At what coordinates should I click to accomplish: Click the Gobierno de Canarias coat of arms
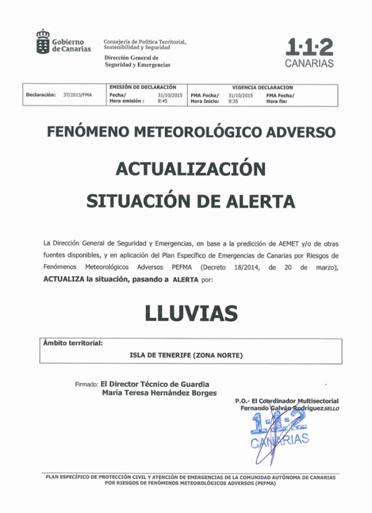(42, 42)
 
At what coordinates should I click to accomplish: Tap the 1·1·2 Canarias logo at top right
(309, 53)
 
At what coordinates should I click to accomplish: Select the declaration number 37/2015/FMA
(77, 95)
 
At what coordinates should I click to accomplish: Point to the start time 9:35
(233, 101)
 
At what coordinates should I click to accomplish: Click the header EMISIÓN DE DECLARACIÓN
(143, 88)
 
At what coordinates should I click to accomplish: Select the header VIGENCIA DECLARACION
(262, 88)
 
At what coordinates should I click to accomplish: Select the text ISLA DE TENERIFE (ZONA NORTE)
(186, 355)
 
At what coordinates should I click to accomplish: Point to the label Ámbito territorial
(73, 342)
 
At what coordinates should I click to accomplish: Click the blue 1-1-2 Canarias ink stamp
(280, 432)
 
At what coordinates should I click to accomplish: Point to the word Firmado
(86, 383)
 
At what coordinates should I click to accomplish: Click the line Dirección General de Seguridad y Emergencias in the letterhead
(137, 61)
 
